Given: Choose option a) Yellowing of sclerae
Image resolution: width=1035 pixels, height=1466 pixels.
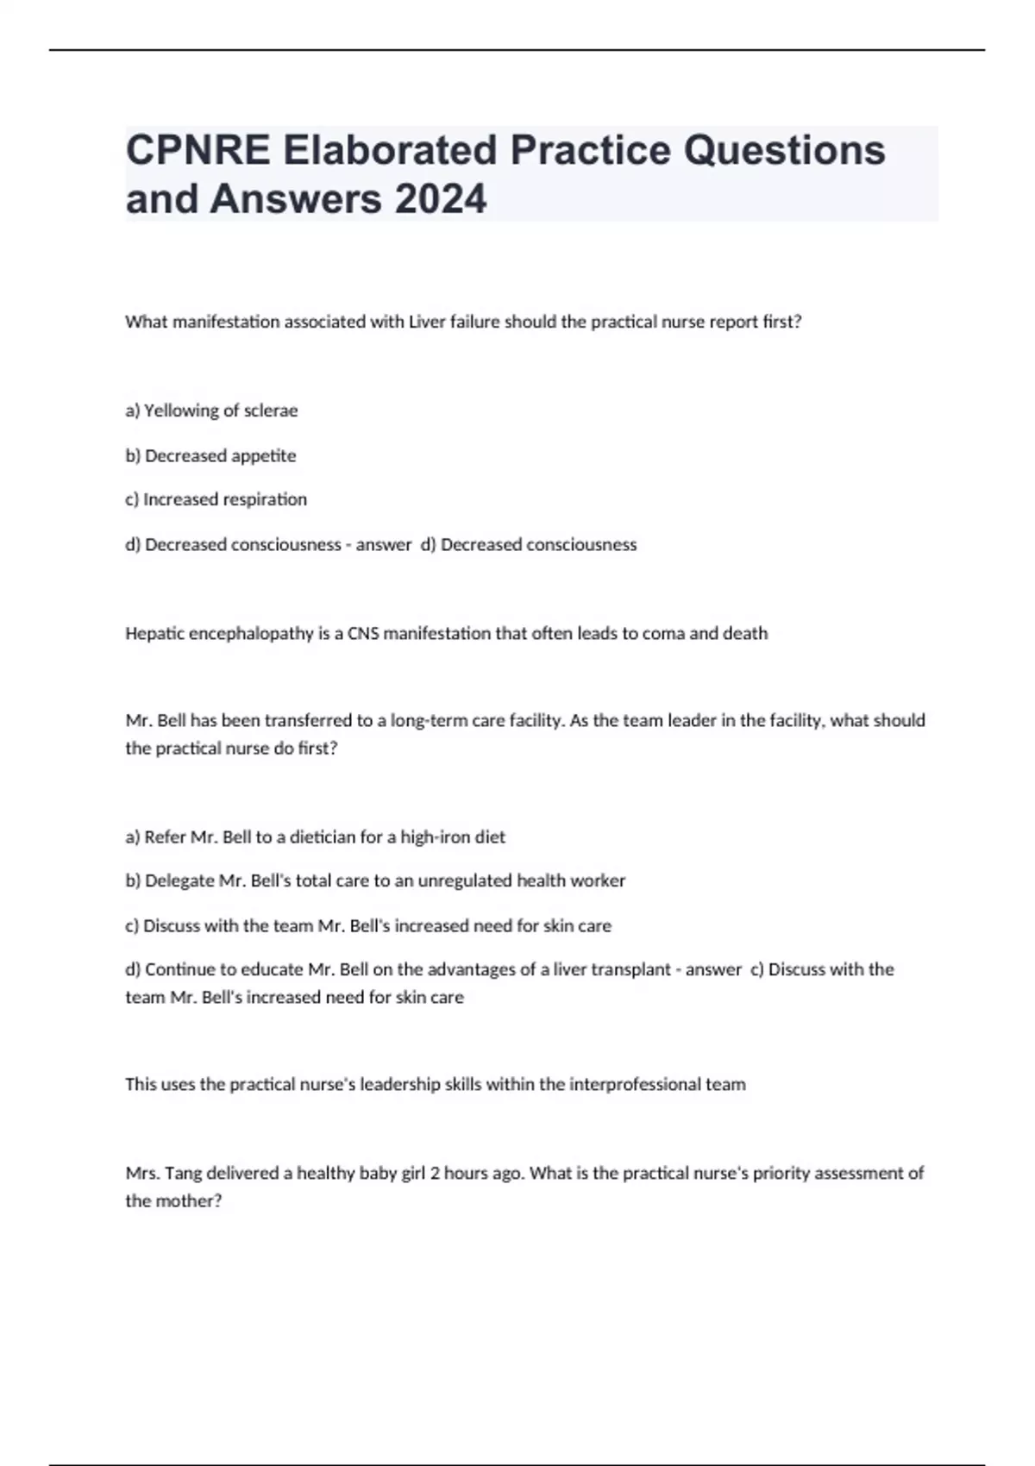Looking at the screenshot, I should tap(211, 410).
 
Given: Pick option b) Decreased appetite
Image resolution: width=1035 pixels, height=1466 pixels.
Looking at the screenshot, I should tap(210, 455).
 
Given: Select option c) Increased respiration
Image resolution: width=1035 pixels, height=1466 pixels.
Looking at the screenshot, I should tap(216, 499).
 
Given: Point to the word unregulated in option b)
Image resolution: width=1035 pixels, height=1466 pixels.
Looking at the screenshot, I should tap(464, 880).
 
